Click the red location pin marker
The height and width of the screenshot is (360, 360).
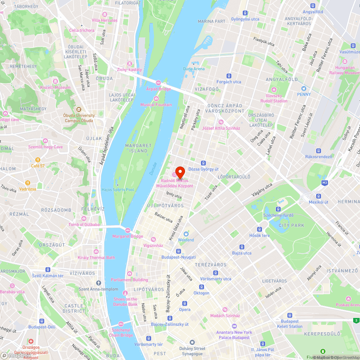coord(180,171)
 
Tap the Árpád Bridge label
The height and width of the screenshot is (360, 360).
coord(158,89)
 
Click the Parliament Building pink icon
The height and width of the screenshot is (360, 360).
coord(129,274)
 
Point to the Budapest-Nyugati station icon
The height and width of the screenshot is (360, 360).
coord(178,251)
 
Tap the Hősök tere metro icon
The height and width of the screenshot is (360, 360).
coord(260,230)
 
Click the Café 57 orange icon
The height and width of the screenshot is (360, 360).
coord(37,160)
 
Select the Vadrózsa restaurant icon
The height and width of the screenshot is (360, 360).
coord(27,183)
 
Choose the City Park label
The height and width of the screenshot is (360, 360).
coord(291,225)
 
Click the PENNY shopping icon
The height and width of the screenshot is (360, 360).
coord(303,89)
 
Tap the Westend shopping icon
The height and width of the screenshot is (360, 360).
coord(186,234)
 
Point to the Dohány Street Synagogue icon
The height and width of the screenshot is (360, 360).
coord(192,342)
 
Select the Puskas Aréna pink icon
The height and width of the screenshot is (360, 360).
coord(348,299)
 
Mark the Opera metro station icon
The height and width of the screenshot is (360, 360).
coord(185,303)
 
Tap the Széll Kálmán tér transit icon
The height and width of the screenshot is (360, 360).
coord(48,270)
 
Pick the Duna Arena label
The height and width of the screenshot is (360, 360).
coord(194,69)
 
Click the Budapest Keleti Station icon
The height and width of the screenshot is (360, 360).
coord(289,315)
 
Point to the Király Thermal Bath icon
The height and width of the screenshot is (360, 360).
coord(96,252)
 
